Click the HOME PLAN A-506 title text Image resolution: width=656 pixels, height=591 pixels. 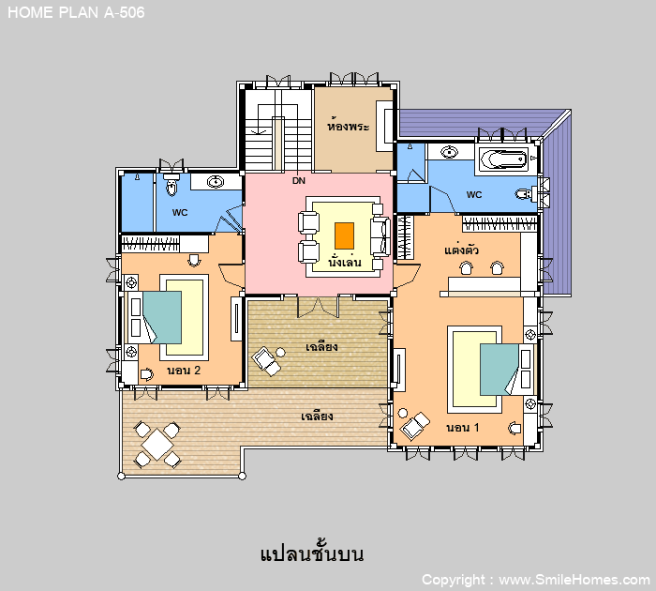pyautogui.click(x=76, y=12)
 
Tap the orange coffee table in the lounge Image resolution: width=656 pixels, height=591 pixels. pyautogui.click(x=344, y=235)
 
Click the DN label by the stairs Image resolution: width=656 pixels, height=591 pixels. pyautogui.click(x=299, y=180)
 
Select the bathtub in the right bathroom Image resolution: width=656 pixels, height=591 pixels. pyautogui.click(x=503, y=159)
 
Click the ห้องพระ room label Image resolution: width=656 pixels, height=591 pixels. pyautogui.click(x=349, y=125)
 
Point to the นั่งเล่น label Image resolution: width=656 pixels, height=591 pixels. pyautogui.click(x=344, y=262)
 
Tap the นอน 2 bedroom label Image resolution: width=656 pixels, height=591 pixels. pyautogui.click(x=184, y=371)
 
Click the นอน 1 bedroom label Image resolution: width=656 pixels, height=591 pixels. pyautogui.click(x=463, y=428)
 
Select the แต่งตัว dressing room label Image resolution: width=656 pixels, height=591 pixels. pyautogui.click(x=461, y=250)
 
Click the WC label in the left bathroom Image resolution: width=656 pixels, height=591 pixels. pyautogui.click(x=180, y=212)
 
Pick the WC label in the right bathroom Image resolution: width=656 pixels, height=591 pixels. pyautogui.click(x=474, y=195)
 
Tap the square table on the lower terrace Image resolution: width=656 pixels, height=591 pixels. pyautogui.click(x=157, y=445)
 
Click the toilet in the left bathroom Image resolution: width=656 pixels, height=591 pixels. pyautogui.click(x=171, y=185)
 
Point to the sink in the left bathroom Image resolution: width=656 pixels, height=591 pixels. pyautogui.click(x=216, y=182)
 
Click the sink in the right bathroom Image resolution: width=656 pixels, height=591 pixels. pyautogui.click(x=449, y=152)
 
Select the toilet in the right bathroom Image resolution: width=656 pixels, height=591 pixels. pyautogui.click(x=525, y=194)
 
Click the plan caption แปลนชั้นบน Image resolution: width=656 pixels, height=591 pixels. pyautogui.click(x=312, y=553)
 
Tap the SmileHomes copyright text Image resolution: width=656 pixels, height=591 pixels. pyautogui.click(x=535, y=580)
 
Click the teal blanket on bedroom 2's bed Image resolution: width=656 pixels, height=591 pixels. pyautogui.click(x=162, y=317)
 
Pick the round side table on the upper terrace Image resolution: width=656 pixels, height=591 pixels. pyautogui.click(x=280, y=353)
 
